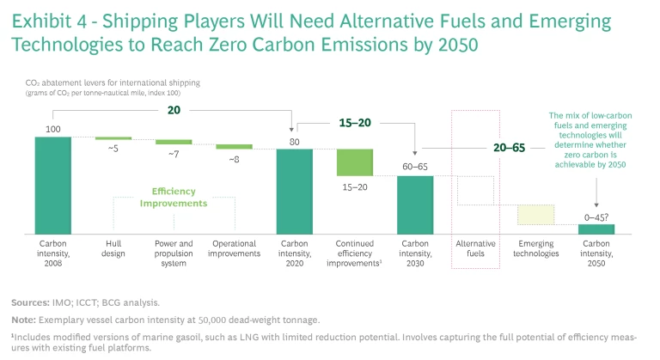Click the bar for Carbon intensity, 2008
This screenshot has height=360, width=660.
[53, 185]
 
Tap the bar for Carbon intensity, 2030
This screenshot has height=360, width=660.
[415, 204]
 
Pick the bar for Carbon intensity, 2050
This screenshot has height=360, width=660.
[596, 229]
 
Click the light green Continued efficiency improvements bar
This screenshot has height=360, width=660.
[354, 162]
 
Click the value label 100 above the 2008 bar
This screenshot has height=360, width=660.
[53, 128]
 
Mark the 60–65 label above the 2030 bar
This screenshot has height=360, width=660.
[415, 167]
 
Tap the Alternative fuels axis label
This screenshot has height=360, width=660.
[475, 248]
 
